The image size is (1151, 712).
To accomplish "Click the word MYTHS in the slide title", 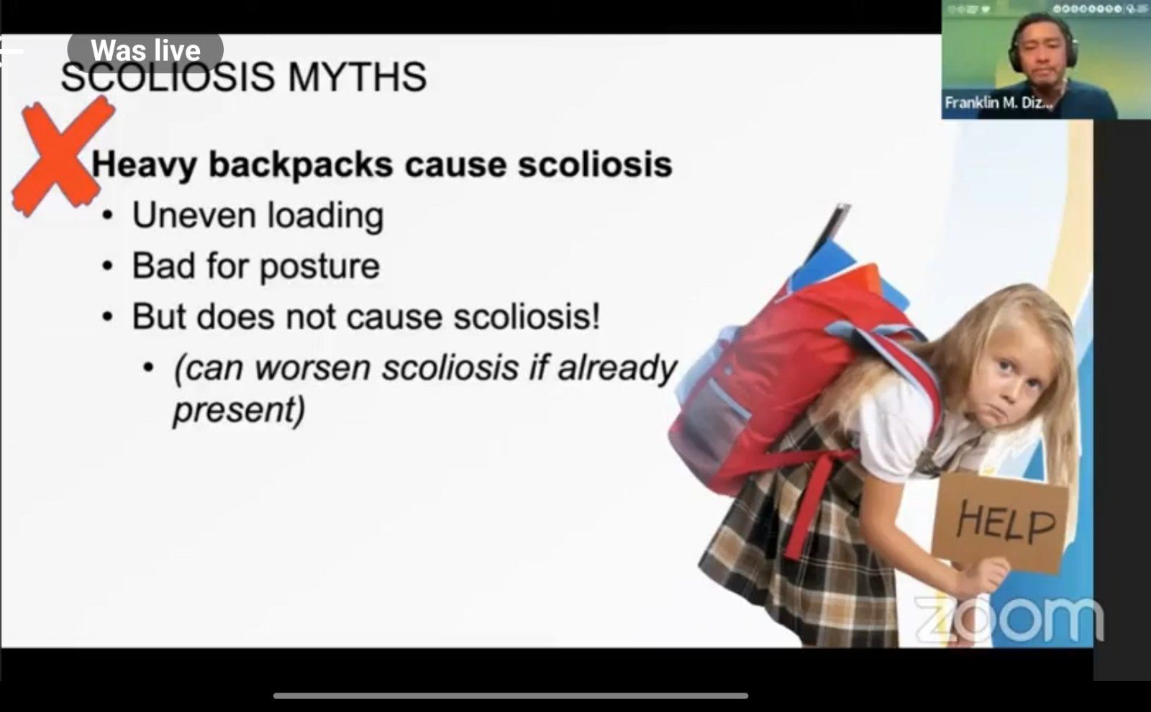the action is [357, 77].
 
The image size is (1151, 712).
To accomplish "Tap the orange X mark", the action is [62, 155].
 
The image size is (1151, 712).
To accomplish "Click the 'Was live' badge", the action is [145, 50].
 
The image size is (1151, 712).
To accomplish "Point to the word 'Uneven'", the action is [194, 215].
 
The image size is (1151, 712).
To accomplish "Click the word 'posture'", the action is [319, 267].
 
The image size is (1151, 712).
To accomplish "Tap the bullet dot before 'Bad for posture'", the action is [107, 267].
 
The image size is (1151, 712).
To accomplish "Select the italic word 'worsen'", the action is [312, 368].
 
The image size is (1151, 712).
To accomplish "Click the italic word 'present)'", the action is [240, 410].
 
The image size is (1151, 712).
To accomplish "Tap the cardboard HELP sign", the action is [999, 522].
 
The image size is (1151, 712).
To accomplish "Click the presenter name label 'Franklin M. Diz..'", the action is [998, 103].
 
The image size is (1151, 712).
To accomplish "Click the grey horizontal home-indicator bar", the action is [511, 696].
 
